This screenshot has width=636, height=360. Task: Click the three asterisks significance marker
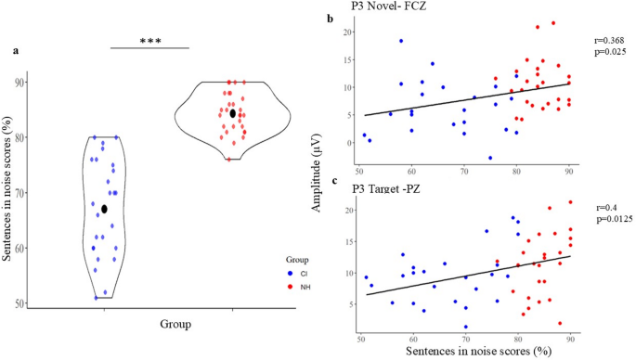point(149,39)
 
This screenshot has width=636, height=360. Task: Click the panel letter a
point(15,51)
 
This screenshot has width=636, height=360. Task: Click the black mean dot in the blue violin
point(105,209)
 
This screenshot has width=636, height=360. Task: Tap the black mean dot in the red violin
point(233,113)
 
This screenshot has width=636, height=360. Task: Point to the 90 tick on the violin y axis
point(45,83)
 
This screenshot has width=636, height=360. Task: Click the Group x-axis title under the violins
point(173,325)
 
